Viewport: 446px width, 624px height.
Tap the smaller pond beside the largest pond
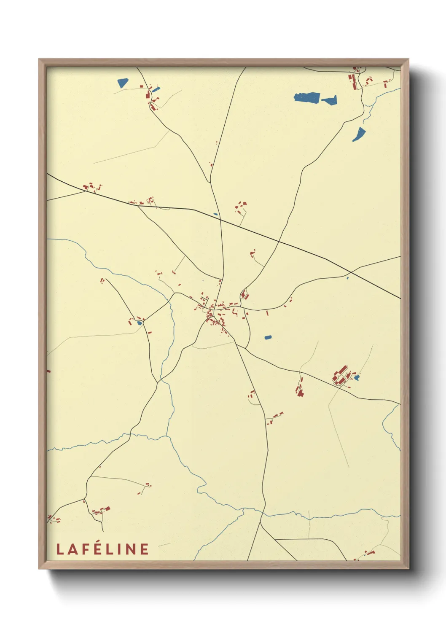[x=330, y=100]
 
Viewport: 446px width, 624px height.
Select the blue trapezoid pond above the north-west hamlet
[x=122, y=83]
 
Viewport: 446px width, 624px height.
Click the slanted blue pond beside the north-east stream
[x=359, y=134]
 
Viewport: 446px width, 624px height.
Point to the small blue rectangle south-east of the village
[x=268, y=337]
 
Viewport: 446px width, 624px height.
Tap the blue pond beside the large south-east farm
[x=357, y=378]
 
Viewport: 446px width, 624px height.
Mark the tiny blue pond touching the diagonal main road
[x=215, y=214]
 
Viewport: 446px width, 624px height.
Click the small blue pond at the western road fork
[x=139, y=323]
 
